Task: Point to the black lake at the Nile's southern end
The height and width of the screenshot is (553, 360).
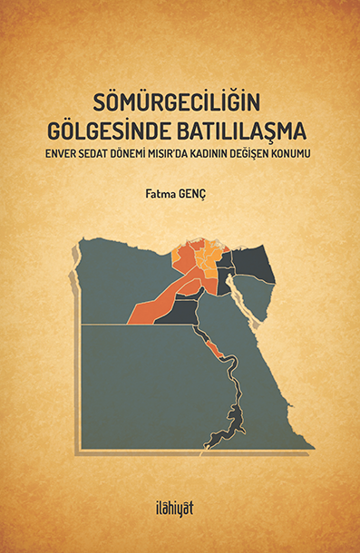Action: (237, 420)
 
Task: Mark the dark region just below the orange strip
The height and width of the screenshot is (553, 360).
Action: (182, 312)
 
